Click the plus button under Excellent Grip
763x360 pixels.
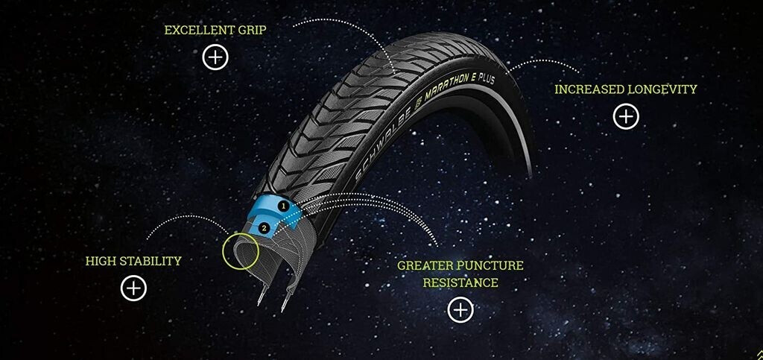215,57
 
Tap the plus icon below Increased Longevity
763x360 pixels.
626,116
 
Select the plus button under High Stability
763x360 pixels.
133,288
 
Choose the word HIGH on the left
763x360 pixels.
101,261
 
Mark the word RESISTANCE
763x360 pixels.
460,282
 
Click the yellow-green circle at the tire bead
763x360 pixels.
240,250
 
